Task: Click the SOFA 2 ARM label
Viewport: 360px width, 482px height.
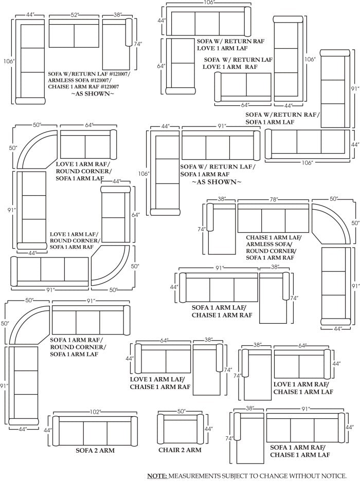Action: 95,450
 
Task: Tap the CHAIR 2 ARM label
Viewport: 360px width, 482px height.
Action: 180,450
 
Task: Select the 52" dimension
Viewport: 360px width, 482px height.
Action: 75,15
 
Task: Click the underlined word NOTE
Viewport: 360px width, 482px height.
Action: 157,476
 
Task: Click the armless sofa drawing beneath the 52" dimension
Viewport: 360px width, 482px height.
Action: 74,34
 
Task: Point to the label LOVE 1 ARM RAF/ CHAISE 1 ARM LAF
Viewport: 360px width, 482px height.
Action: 302,387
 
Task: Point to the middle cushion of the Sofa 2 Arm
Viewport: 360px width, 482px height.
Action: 95,430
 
